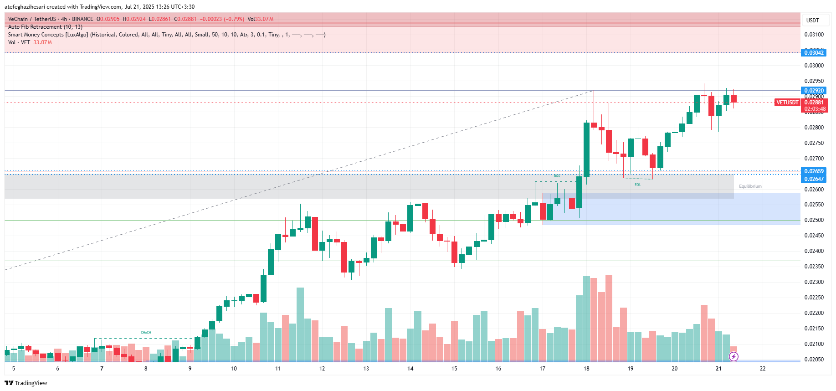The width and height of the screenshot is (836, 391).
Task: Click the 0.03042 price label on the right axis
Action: click(x=814, y=53)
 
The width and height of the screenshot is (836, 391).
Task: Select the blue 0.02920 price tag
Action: click(x=814, y=91)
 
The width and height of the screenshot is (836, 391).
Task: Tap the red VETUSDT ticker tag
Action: click(x=787, y=103)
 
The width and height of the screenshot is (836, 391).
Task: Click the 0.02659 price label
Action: click(x=814, y=171)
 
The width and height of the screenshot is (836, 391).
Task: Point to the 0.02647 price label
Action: click(x=814, y=179)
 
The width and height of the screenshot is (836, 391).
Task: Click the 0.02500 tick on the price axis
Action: click(x=814, y=220)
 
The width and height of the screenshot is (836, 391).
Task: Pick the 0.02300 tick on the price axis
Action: click(x=814, y=282)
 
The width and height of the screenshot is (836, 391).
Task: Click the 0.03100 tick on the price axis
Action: click(x=814, y=35)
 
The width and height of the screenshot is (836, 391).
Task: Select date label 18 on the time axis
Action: click(x=586, y=369)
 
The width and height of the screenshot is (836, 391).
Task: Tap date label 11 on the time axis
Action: click(x=278, y=369)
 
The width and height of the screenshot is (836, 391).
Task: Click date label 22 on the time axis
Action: click(x=763, y=369)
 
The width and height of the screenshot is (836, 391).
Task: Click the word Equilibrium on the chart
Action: click(x=750, y=186)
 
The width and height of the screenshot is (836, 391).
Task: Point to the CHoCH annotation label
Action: click(x=146, y=333)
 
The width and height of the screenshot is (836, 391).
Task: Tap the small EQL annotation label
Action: click(x=637, y=185)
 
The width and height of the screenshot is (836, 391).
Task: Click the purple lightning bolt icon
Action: click(x=733, y=357)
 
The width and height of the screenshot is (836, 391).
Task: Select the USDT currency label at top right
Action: click(x=812, y=21)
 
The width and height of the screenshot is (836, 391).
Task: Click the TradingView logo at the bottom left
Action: click(x=26, y=383)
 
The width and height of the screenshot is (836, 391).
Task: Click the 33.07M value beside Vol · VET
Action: click(x=42, y=42)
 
